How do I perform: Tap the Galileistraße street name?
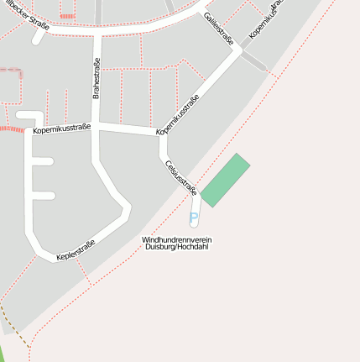coord(218,28)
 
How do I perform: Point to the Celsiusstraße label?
coord(181,177)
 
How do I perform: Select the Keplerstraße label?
coord(76,249)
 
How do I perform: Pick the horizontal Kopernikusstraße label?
coord(62,130)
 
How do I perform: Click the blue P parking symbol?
coord(194,218)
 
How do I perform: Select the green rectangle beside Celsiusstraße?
coord(226,181)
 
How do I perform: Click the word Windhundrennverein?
coord(176,240)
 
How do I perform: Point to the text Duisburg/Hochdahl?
coord(176,248)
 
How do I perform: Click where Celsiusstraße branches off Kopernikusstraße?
coord(162,137)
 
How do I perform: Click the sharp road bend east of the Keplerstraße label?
coord(128,210)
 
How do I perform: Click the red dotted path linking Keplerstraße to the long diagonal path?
coord(81,270)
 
